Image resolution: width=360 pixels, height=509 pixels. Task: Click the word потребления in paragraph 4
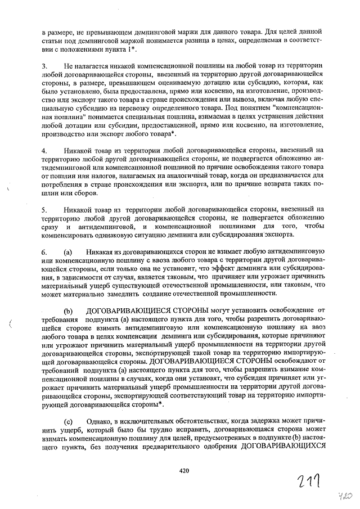[x=62, y=184]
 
